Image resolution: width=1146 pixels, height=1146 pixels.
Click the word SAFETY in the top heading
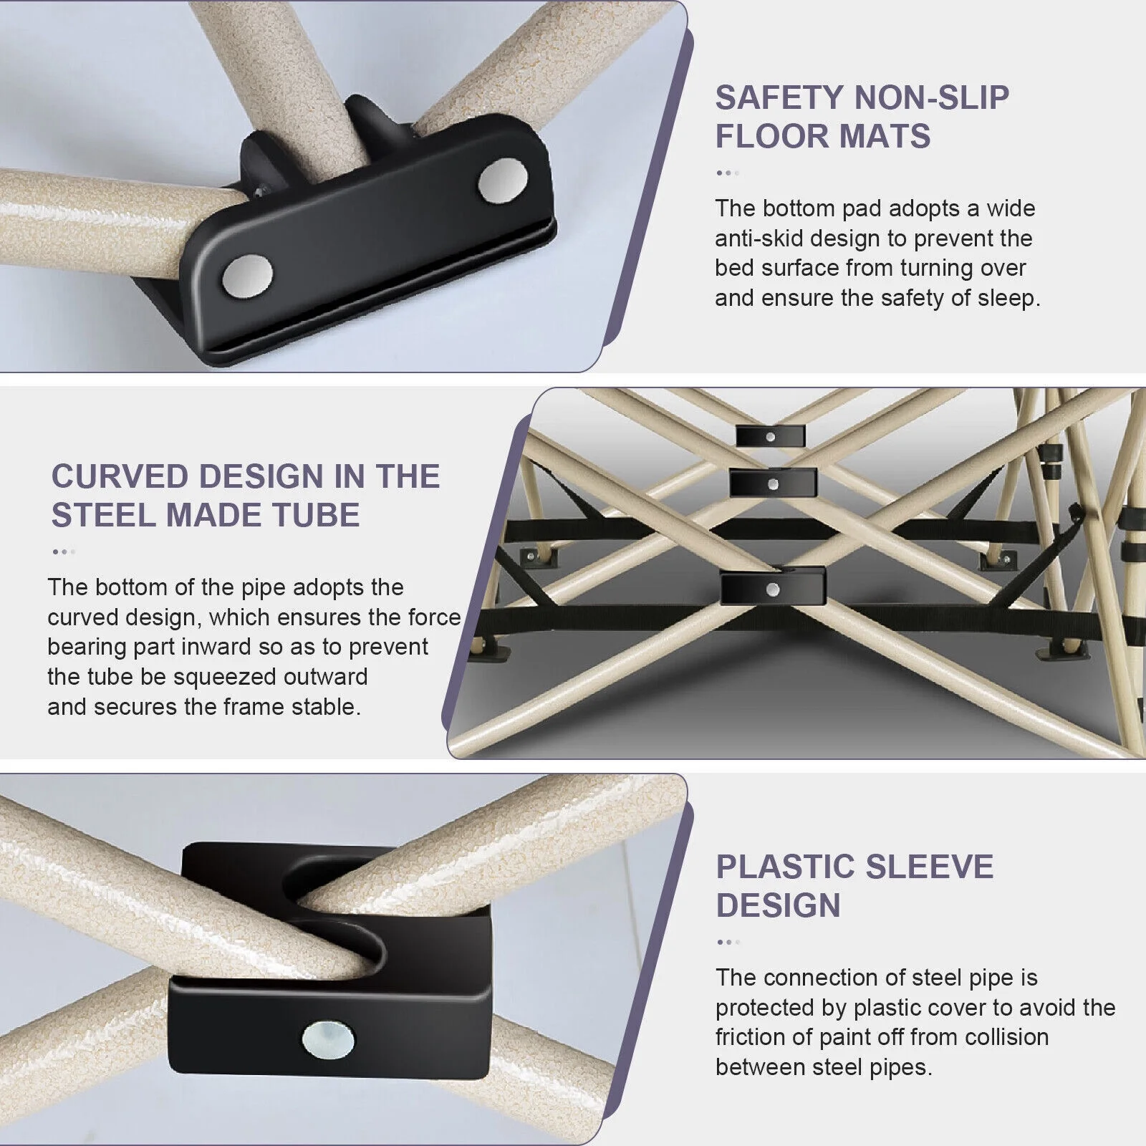click(779, 98)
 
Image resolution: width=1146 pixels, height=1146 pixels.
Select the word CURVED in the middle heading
click(120, 476)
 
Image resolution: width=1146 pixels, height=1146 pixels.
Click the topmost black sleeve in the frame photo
click(771, 435)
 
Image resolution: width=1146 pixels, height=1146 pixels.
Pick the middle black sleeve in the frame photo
click(774, 483)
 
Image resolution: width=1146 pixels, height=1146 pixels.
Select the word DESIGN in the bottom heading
click(779, 905)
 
